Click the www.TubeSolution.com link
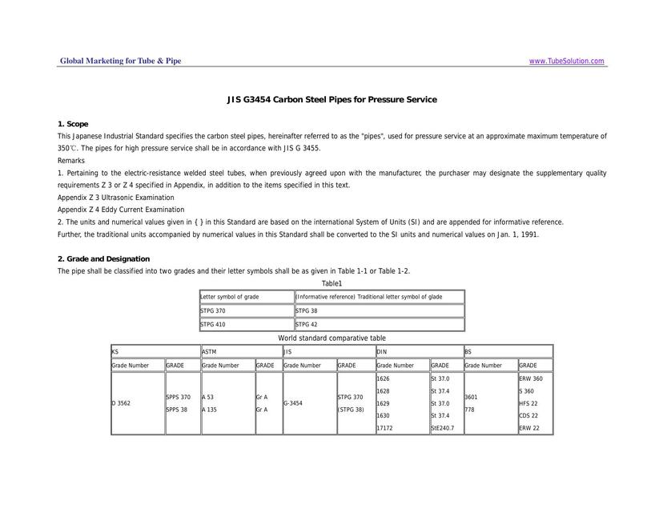[x=567, y=61]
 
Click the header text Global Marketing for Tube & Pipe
[x=121, y=61]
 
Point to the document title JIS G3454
[x=331, y=99]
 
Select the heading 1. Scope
[x=73, y=124]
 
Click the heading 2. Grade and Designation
[x=103, y=258]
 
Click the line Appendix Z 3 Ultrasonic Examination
[x=115, y=198]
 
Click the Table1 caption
[x=331, y=283]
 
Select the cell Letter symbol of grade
[x=230, y=297]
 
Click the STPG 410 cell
[x=214, y=325]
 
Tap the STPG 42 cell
[x=307, y=325]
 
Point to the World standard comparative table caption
[x=331, y=338]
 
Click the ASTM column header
[x=209, y=351]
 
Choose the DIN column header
[x=383, y=351]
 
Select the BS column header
[x=469, y=351]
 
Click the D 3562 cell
[x=121, y=403]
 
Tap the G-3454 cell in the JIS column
[x=292, y=403]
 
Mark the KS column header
[x=115, y=351]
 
